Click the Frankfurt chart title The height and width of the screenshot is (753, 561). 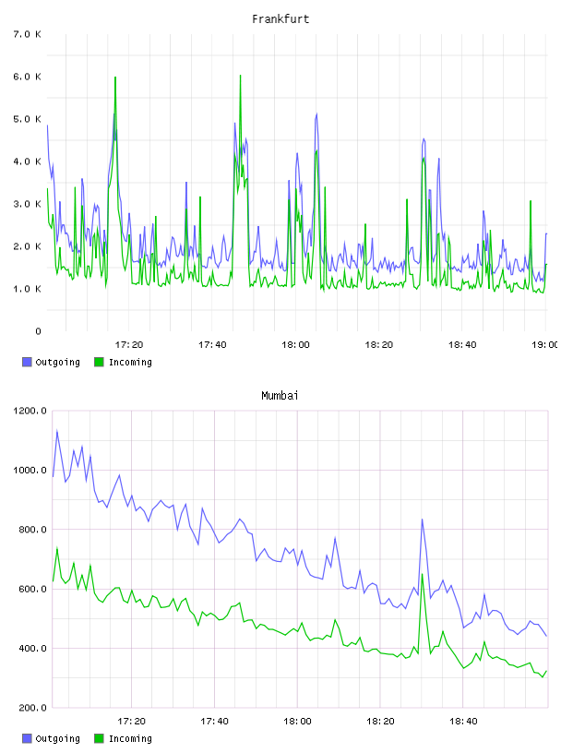[280, 19]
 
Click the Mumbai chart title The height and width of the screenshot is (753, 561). [280, 396]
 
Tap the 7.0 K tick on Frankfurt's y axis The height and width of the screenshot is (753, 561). [28, 34]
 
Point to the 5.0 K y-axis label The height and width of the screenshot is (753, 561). [28, 119]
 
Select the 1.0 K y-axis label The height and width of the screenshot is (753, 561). [28, 289]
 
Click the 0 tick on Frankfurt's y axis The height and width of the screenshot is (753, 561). [38, 331]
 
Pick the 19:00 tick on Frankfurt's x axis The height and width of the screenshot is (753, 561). [544, 345]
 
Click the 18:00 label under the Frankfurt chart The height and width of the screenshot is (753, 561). [295, 345]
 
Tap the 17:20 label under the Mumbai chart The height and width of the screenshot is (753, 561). [131, 722]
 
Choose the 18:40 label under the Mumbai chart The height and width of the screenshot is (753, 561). [463, 722]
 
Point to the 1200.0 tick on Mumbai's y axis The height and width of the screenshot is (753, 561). [30, 411]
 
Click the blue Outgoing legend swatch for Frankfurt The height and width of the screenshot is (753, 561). [27, 362]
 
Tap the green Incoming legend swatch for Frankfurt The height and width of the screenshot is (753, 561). [99, 362]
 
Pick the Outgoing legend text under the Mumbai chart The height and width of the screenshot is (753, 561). [57, 738]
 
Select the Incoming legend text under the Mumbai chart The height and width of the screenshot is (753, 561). [130, 738]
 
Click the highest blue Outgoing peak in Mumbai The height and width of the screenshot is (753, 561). [57, 431]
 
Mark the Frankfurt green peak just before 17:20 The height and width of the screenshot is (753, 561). [115, 78]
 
